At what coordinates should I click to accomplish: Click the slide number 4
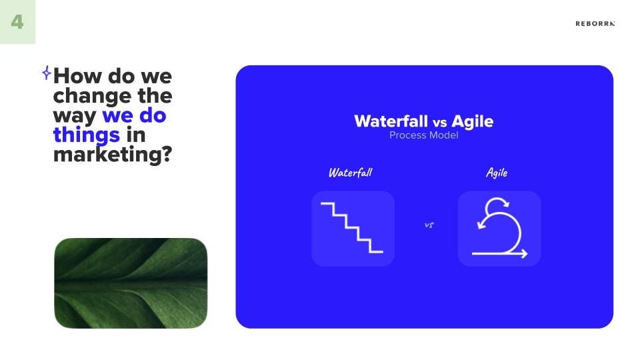(x=17, y=21)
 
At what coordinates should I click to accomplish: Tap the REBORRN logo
(x=595, y=24)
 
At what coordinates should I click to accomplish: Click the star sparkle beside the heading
(x=47, y=73)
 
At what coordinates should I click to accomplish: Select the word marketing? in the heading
(x=113, y=155)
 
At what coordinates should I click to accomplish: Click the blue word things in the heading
(x=87, y=135)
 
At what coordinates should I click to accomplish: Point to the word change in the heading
(x=92, y=96)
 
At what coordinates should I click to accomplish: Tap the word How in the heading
(x=77, y=76)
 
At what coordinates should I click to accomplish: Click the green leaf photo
(x=131, y=283)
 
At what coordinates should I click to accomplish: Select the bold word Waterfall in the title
(x=391, y=121)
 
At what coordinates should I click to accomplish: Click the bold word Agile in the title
(x=472, y=121)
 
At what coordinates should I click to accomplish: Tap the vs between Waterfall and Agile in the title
(x=439, y=123)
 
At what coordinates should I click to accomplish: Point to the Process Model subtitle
(x=424, y=135)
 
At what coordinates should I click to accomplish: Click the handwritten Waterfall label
(x=350, y=173)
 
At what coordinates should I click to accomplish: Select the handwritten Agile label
(x=497, y=173)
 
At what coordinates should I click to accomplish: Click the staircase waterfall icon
(x=352, y=228)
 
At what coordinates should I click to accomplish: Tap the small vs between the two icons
(x=429, y=225)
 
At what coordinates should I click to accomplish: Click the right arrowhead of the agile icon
(x=524, y=253)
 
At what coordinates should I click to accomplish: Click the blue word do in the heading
(x=153, y=115)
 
